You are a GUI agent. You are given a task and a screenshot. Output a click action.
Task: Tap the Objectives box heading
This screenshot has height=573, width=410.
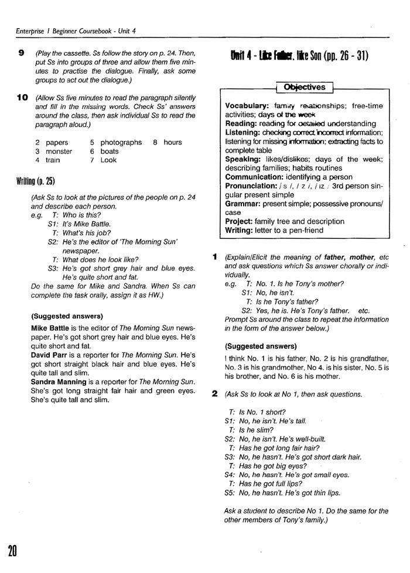pyautogui.click(x=304, y=87)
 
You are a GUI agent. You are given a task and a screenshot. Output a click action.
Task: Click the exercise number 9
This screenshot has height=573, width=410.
pyautogui.click(x=21, y=53)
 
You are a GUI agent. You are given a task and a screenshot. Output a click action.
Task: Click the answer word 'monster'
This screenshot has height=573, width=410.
pyautogui.click(x=59, y=151)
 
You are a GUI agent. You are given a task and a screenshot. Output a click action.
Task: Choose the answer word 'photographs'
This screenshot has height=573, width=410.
pyautogui.click(x=121, y=142)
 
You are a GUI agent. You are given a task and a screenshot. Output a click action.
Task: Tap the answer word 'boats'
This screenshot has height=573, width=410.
pyautogui.click(x=110, y=151)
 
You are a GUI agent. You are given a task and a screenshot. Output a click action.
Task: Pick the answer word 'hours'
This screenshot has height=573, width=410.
pyautogui.click(x=173, y=142)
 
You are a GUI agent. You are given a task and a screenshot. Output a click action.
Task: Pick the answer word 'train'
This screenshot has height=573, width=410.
pyautogui.click(x=53, y=160)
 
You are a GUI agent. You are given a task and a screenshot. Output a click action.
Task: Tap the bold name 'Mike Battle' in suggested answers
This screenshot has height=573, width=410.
pyautogui.click(x=52, y=328)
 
